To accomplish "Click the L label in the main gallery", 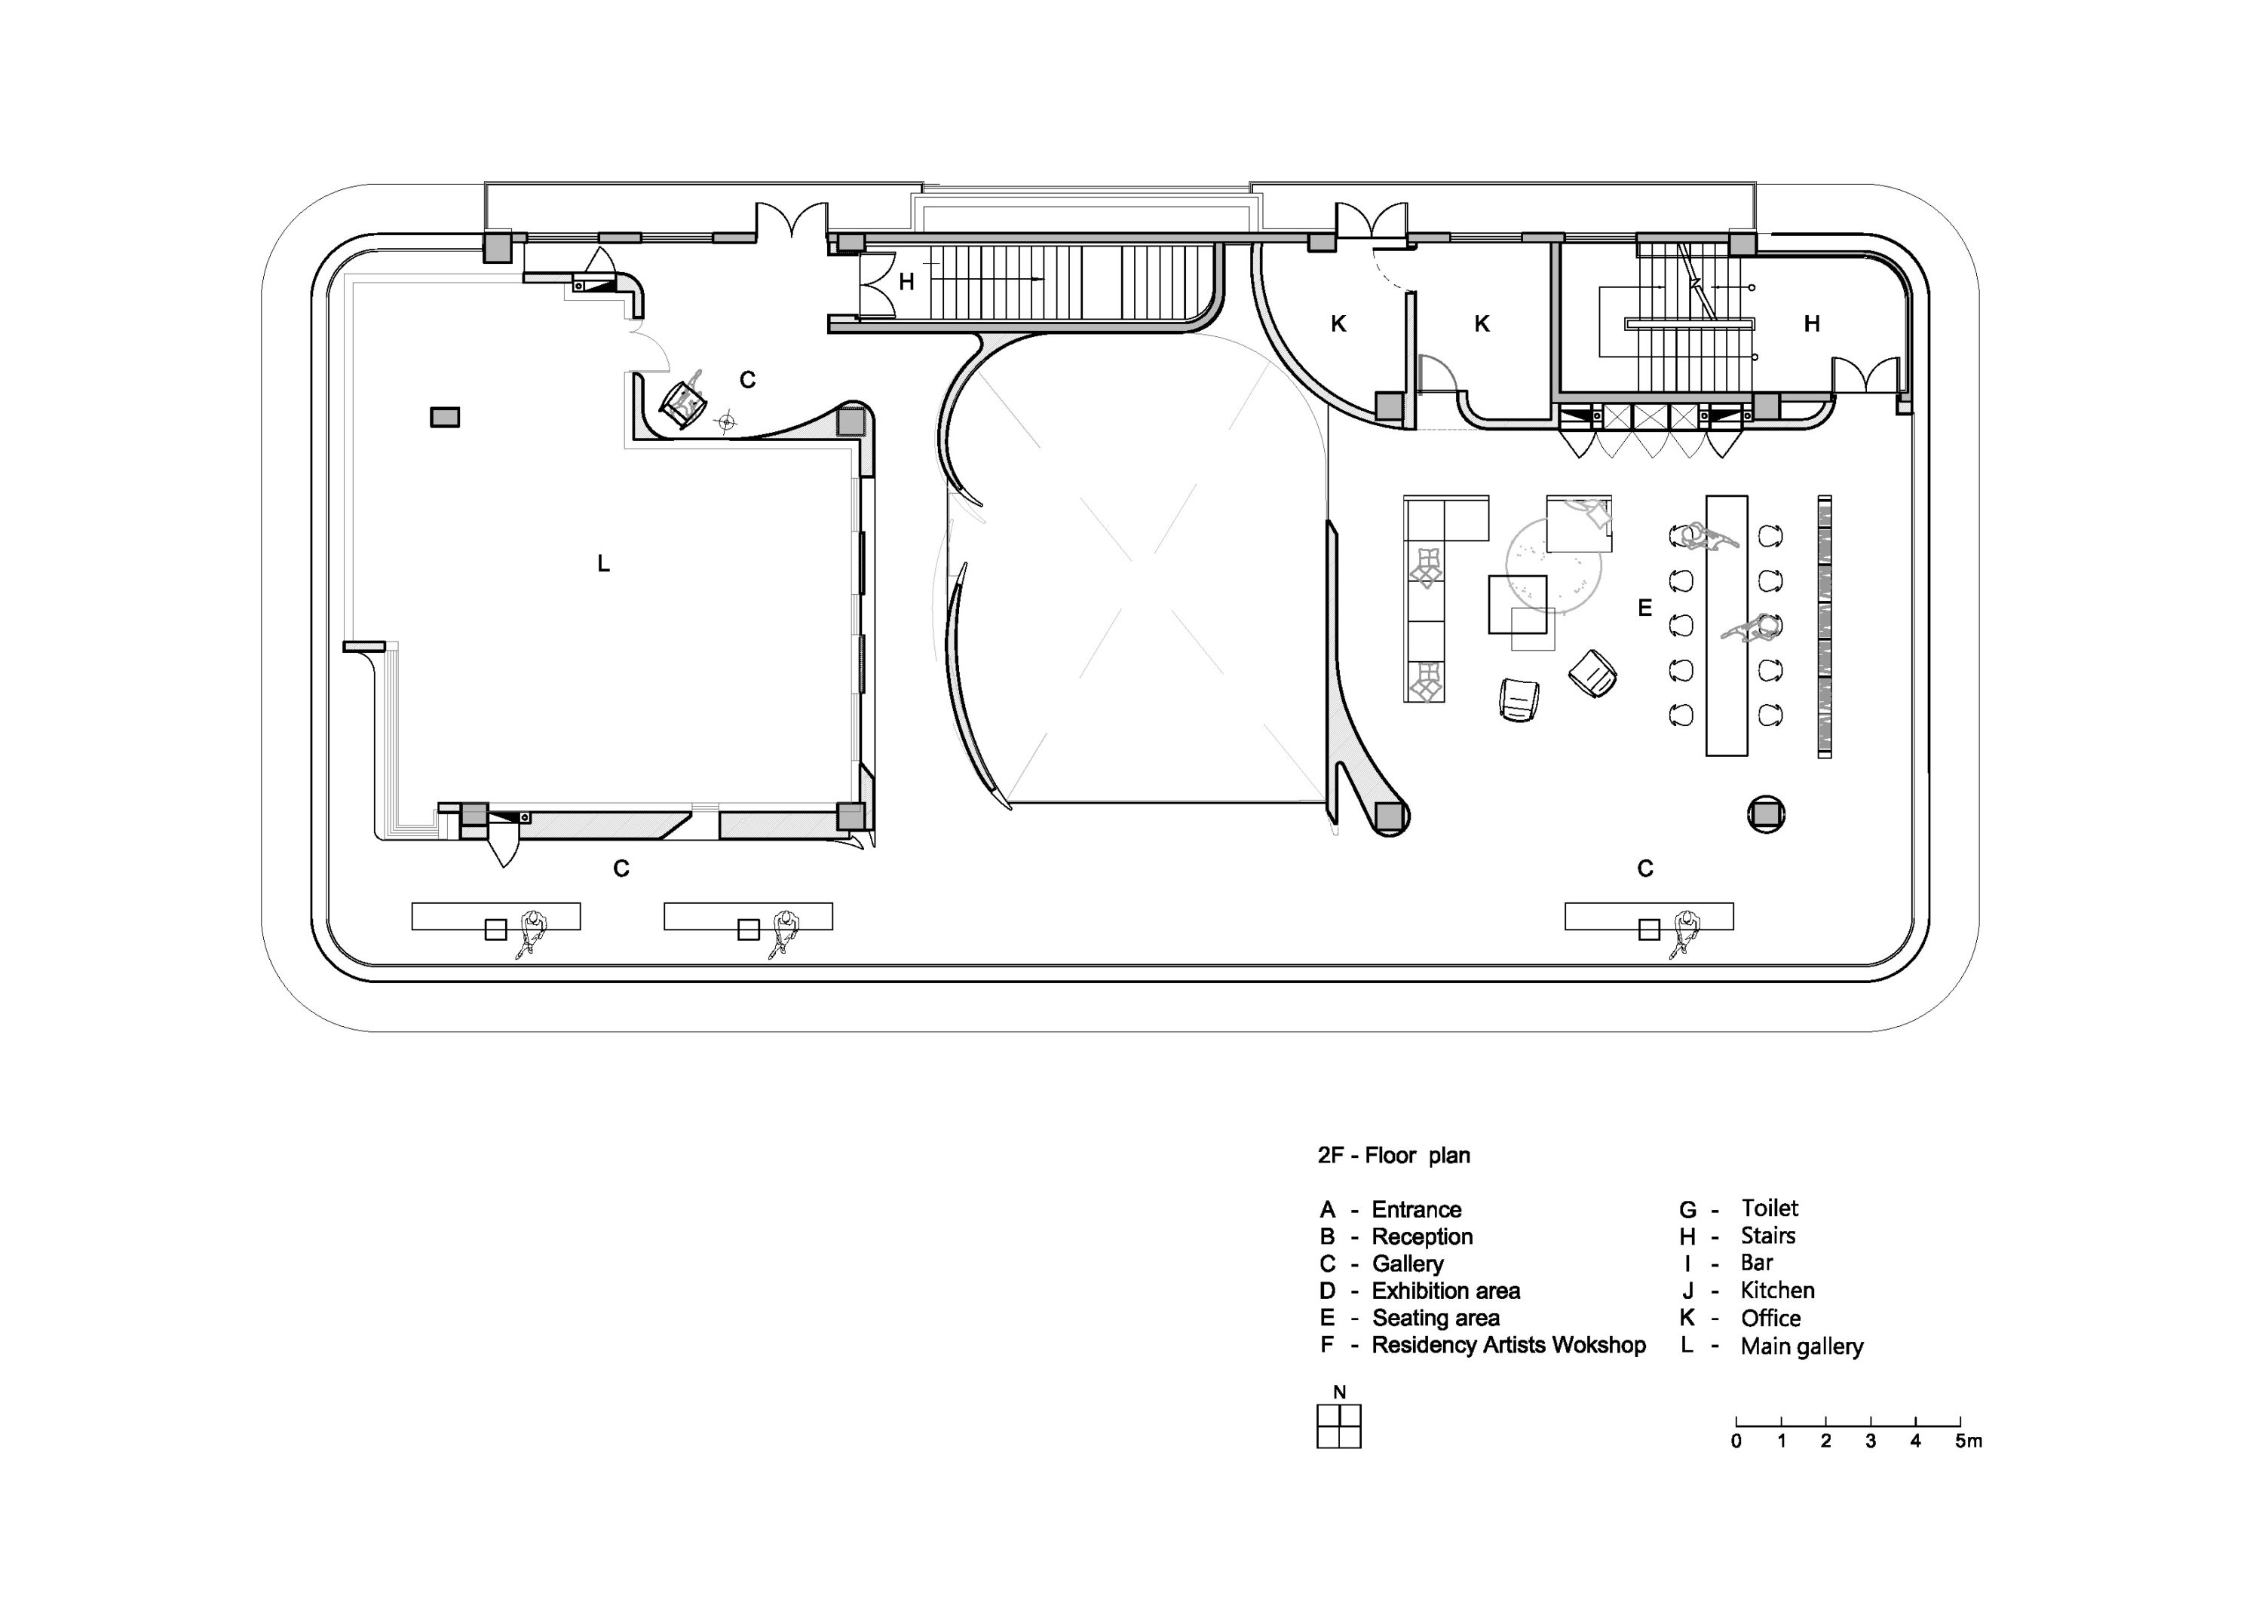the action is coord(603,564).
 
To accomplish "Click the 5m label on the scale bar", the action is coord(1969,1441).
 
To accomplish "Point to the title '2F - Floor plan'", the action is coord(1394,1156).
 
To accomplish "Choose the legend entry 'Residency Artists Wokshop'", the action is coord(1508,1345).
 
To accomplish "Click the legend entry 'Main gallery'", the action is coord(1802,1346).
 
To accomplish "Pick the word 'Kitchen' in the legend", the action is coord(1777,1291).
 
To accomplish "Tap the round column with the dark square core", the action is coord(1767,813).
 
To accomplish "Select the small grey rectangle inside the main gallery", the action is coord(444,418).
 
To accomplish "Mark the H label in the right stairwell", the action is coord(1811,323).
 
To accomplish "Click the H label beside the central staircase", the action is coord(906,283).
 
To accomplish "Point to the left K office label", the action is coord(1338,323).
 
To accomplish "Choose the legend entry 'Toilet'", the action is coord(1770,1208).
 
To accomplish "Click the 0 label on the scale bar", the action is coord(1736,1441).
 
